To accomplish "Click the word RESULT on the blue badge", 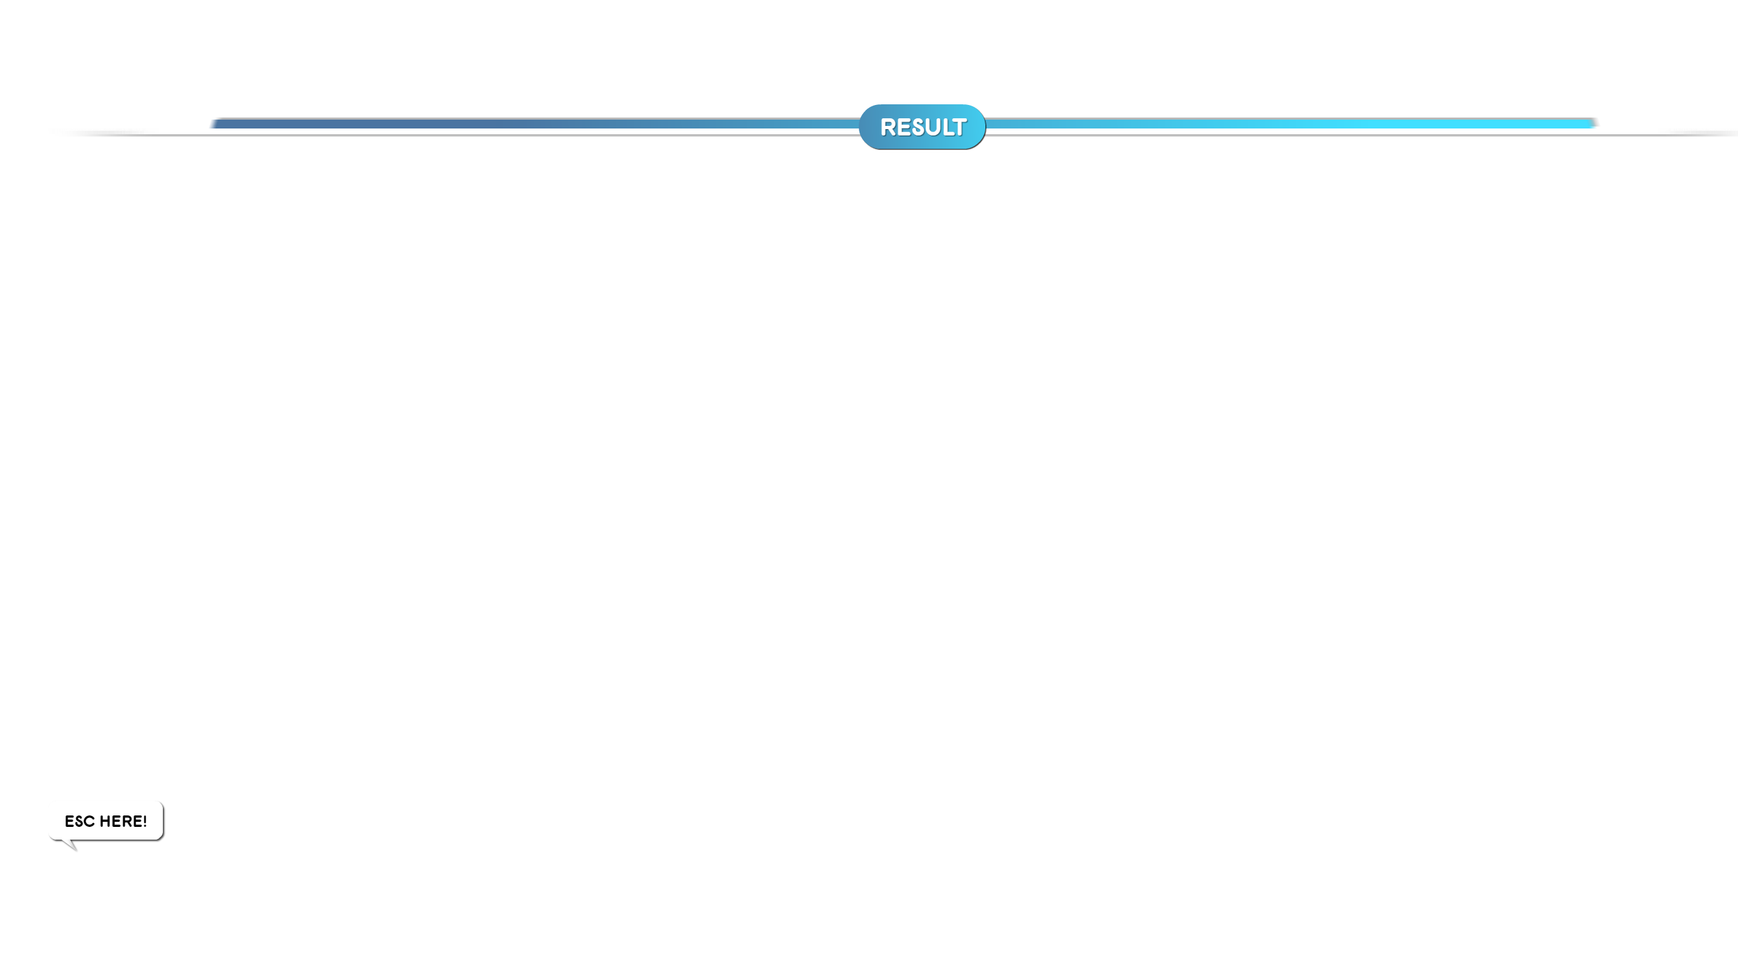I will pyautogui.click(x=922, y=127).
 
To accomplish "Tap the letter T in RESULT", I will pyautogui.click(x=959, y=127).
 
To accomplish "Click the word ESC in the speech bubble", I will pyautogui.click(x=80, y=821).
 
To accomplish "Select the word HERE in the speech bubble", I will pyautogui.click(x=120, y=821).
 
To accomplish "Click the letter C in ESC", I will pyautogui.click(x=89, y=821).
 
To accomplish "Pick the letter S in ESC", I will pyautogui.click(x=79, y=821).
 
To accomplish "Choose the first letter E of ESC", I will pyautogui.click(x=69, y=821).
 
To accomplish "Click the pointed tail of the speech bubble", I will pyautogui.click(x=71, y=845).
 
